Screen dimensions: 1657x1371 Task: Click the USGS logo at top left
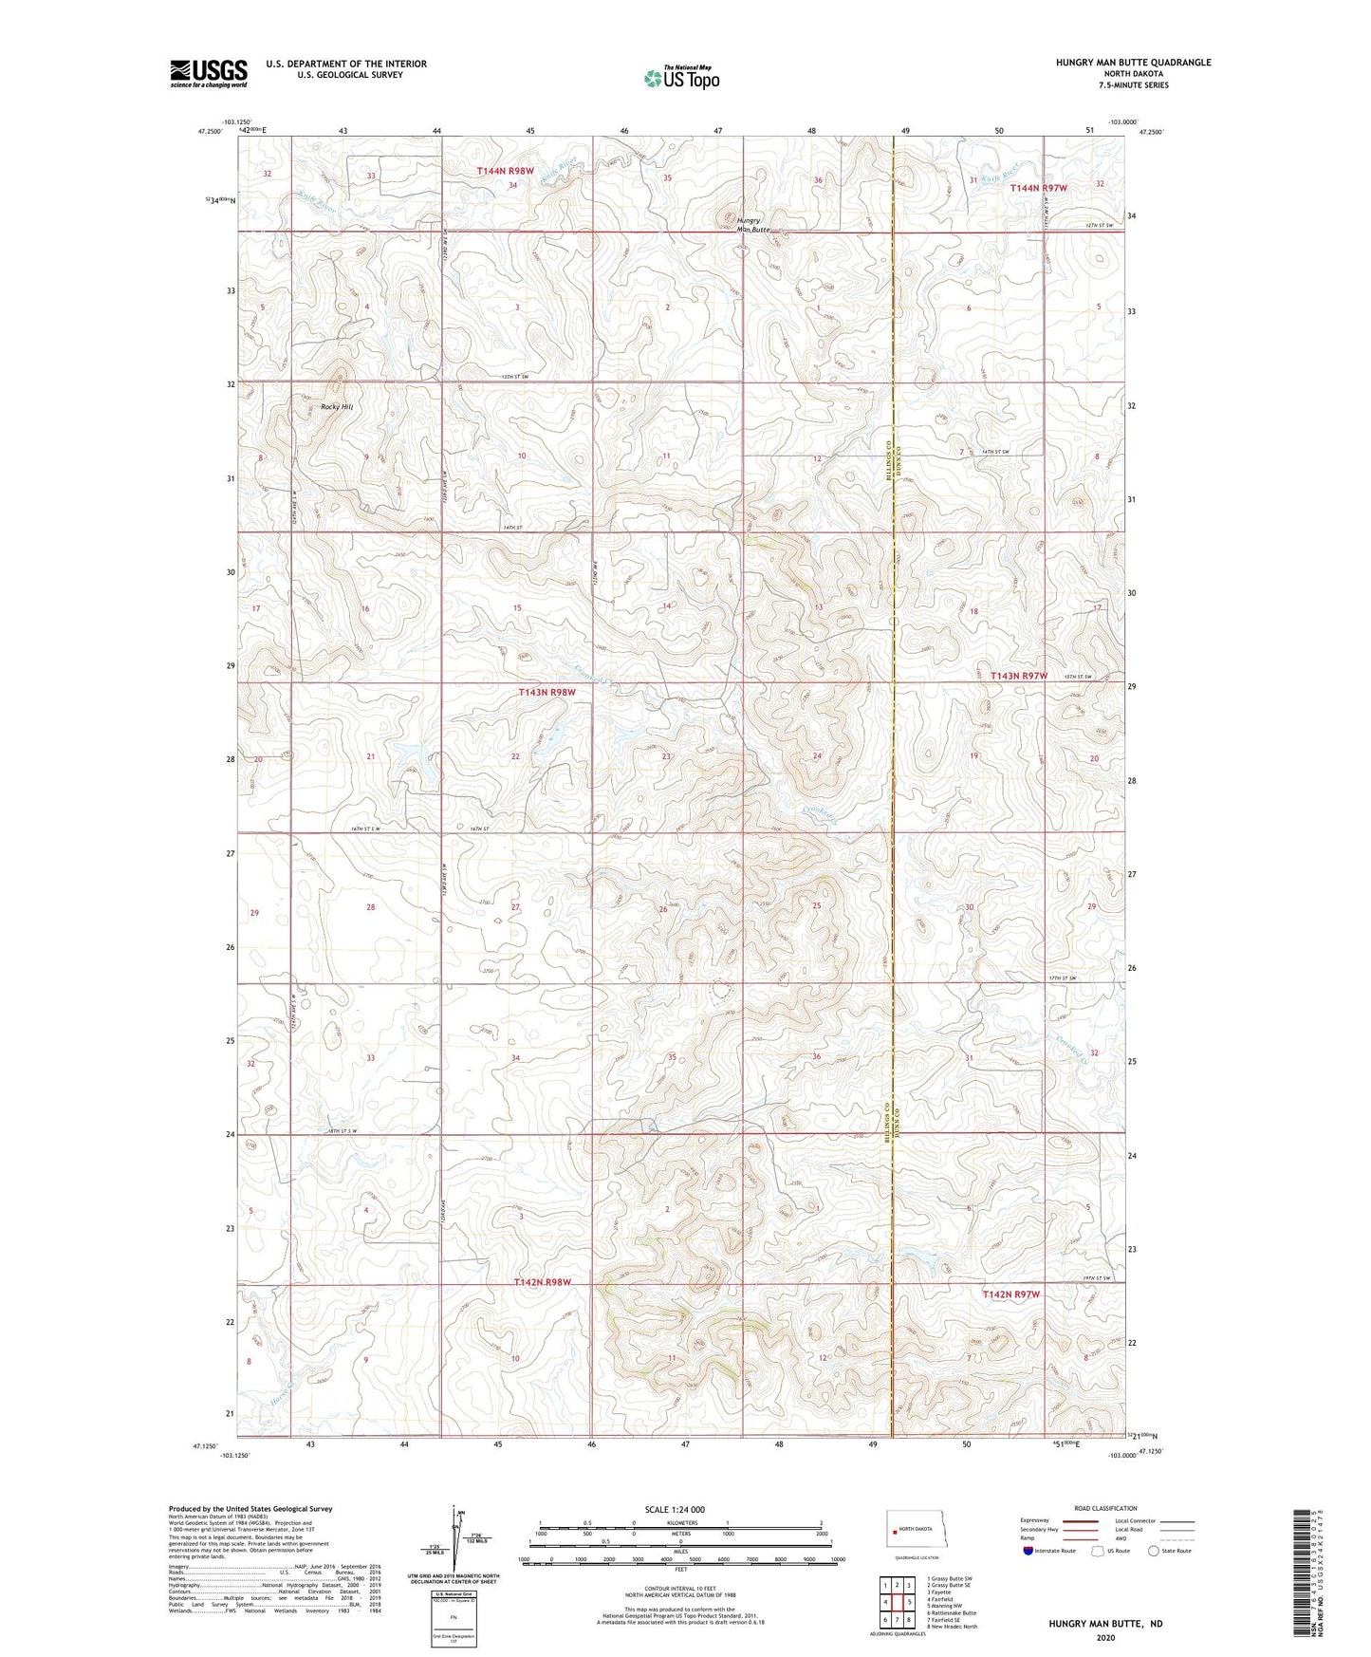click(208, 73)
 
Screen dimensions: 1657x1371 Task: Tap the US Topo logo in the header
click(681, 79)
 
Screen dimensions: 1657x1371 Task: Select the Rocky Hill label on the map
click(336, 406)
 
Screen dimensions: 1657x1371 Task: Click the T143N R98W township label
click(547, 693)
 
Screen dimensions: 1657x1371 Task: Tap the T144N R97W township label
click(1038, 188)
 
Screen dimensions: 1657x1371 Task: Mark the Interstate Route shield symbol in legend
click(1028, 1551)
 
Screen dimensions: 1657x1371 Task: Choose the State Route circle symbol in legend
click(1154, 1551)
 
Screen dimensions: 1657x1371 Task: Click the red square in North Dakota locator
click(894, 1530)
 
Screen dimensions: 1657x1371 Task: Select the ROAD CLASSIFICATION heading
click(1105, 1508)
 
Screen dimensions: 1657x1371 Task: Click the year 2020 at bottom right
click(1104, 1637)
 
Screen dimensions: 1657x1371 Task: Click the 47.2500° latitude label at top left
click(210, 132)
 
